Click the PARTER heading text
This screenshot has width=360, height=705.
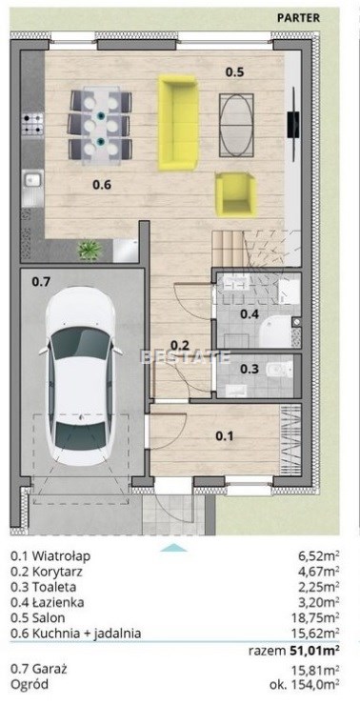(x=298, y=18)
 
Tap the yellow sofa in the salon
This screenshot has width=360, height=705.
(x=178, y=122)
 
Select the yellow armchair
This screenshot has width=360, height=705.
(x=235, y=192)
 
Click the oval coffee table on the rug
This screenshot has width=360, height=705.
(x=236, y=125)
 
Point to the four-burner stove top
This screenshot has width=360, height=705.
(x=33, y=124)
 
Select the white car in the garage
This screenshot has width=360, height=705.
(x=81, y=373)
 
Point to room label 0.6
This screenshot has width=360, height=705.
(x=102, y=184)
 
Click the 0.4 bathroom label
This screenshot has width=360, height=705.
(x=249, y=314)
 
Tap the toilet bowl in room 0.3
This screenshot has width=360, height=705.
(x=277, y=370)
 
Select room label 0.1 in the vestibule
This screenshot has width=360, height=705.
(x=225, y=435)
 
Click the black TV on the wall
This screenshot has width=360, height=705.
(x=293, y=124)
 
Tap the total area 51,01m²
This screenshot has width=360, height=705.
(x=312, y=649)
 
